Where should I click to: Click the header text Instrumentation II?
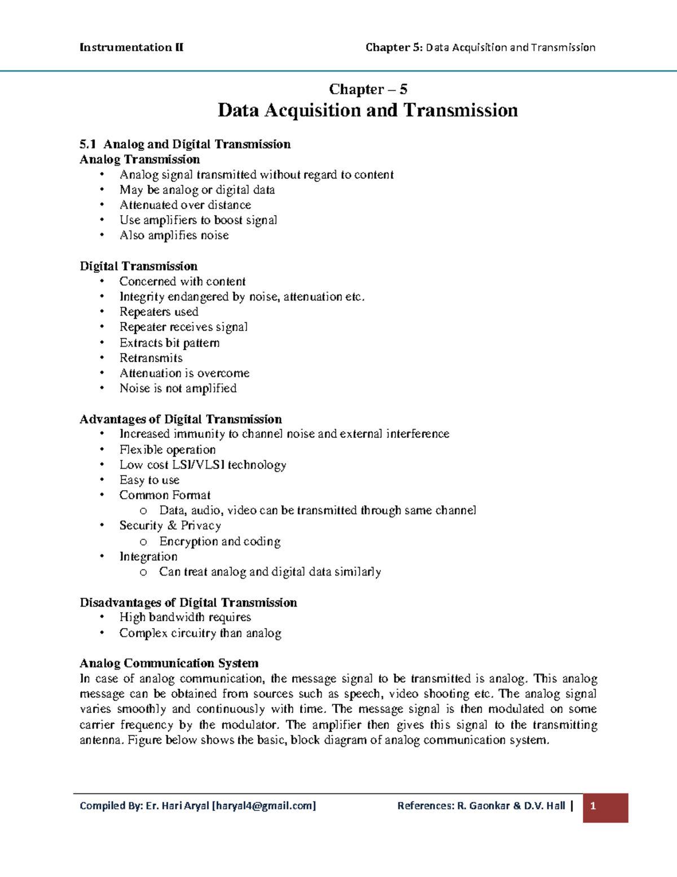(131, 47)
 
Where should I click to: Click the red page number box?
(605, 807)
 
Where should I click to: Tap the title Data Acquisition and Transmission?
(367, 110)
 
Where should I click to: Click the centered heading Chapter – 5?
(368, 89)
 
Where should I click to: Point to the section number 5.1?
(88, 145)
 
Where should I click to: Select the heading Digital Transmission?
(138, 266)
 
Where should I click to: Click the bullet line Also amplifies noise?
(174, 235)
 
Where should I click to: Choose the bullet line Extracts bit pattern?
(169, 343)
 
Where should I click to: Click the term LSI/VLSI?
(198, 465)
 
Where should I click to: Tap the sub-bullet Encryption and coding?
(219, 542)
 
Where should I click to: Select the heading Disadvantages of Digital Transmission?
(188, 603)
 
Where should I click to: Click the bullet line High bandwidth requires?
(185, 617)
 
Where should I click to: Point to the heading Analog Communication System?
(169, 663)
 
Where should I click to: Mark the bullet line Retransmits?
(151, 358)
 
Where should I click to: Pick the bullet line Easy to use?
(149, 480)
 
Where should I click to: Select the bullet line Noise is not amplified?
(178, 389)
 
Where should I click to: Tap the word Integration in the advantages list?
(148, 557)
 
